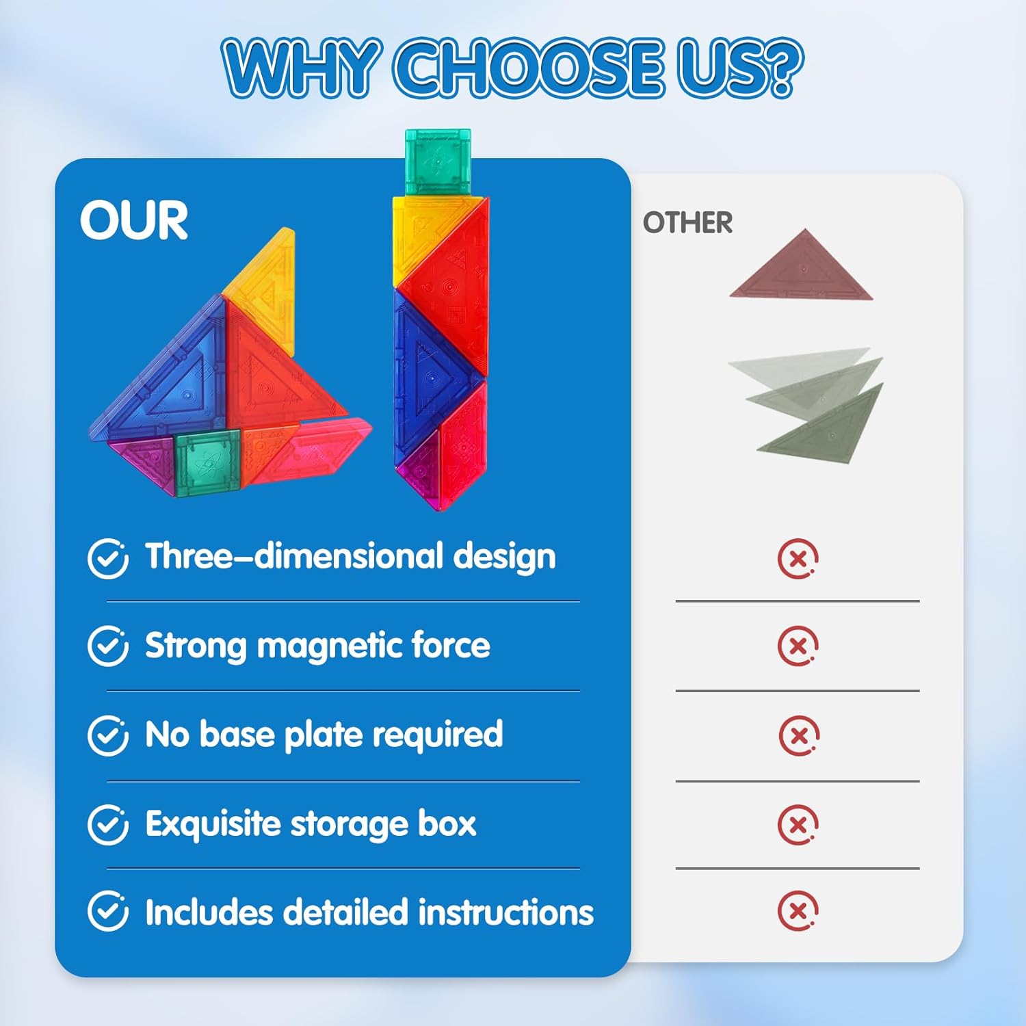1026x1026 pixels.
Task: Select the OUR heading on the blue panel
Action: (134, 220)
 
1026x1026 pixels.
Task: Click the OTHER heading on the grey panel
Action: (687, 222)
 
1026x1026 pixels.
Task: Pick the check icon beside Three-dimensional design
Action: (108, 558)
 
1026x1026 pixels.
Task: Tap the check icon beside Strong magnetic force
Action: (108, 646)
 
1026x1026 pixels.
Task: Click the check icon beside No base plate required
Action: (108, 735)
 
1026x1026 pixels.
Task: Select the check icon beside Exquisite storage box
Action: (108, 825)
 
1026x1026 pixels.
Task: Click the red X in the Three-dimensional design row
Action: (798, 559)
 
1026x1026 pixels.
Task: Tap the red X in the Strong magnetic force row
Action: (798, 646)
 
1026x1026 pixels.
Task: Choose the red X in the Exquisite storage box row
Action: (798, 825)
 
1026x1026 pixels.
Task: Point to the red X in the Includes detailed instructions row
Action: (798, 910)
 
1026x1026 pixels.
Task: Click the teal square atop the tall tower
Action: (438, 162)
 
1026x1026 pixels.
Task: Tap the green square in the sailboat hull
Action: (207, 462)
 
